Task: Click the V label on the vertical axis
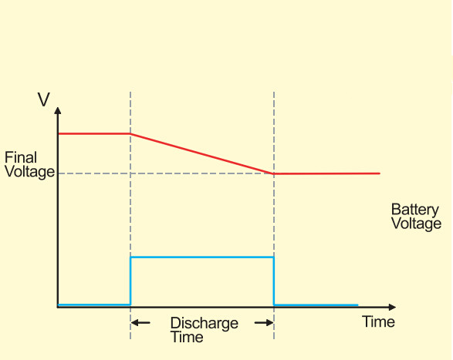(45, 99)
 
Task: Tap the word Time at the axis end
(378, 321)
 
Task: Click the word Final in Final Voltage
(20, 158)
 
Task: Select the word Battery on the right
(415, 210)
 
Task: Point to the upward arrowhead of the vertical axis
(58, 113)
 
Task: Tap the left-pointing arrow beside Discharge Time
(140, 322)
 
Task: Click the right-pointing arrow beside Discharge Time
(265, 322)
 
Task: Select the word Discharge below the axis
(205, 323)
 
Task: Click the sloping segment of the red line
(202, 153)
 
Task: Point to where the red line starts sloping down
(130, 134)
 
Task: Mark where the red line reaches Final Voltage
(274, 173)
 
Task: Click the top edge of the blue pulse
(202, 257)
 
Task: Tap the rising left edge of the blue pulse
(130, 281)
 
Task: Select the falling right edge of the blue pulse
(274, 281)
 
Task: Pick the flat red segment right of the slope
(328, 173)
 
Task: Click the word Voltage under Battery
(416, 224)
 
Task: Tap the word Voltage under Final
(29, 172)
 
